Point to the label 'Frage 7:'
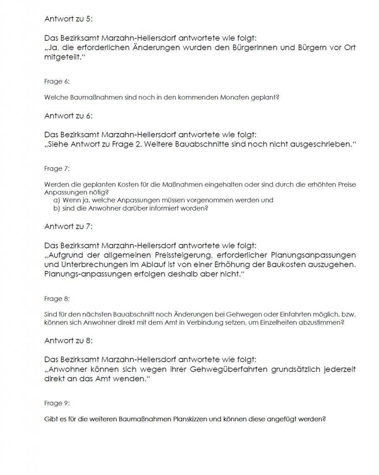pyautogui.click(x=57, y=168)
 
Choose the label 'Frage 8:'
pyautogui.click(x=57, y=299)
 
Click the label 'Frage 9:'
pyautogui.click(x=57, y=403)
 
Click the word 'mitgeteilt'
pyautogui.click(x=64, y=56)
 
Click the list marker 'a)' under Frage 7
pyautogui.click(x=57, y=200)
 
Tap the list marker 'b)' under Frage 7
pyautogui.click(x=57, y=208)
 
